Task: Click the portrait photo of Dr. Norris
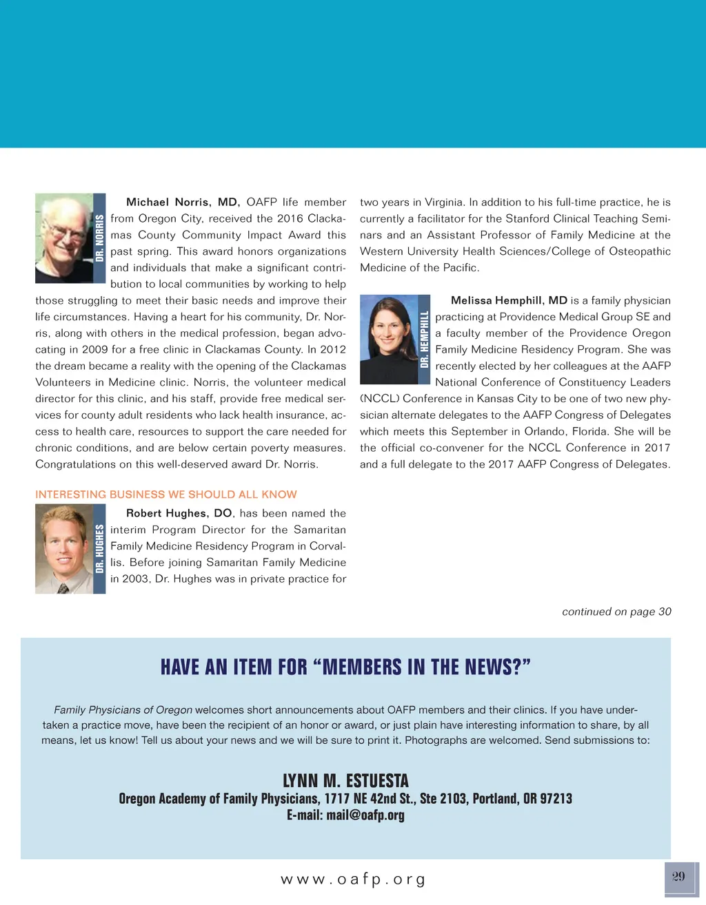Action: [64, 238]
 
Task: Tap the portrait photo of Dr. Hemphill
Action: [389, 339]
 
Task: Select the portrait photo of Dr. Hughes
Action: [64, 549]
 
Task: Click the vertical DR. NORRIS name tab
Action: [99, 238]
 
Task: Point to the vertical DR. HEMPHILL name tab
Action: [425, 339]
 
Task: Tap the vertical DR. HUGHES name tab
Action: [99, 549]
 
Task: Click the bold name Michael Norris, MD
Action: [183, 202]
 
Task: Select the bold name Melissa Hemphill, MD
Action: [509, 301]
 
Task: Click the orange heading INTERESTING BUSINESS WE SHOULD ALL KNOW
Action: [166, 495]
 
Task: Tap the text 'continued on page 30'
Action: [616, 612]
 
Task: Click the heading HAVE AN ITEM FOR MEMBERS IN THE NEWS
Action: [345, 667]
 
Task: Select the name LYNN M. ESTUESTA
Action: [345, 781]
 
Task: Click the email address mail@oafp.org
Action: [365, 815]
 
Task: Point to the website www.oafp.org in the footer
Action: [353, 880]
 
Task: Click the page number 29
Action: [679, 877]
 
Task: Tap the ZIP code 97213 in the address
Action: [556, 799]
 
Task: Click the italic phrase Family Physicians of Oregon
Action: [123, 710]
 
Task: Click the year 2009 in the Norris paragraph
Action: [94, 350]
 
